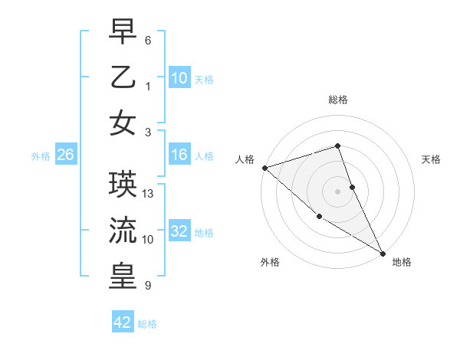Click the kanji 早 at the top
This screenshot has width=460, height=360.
click(x=123, y=32)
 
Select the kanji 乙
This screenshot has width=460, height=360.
click(x=123, y=77)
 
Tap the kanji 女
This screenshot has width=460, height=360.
click(x=123, y=123)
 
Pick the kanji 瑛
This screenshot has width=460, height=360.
click(x=123, y=184)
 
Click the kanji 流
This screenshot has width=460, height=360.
click(x=123, y=230)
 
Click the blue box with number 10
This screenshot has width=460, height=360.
click(x=179, y=77)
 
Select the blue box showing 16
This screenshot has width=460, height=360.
click(x=179, y=155)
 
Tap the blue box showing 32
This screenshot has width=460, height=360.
click(x=179, y=232)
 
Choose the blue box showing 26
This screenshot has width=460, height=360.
click(x=65, y=155)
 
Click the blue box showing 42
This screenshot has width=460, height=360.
click(x=123, y=322)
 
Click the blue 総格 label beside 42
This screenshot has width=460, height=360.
click(x=147, y=324)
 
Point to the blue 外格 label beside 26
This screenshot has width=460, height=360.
click(x=41, y=156)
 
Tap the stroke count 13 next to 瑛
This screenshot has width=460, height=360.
click(x=149, y=193)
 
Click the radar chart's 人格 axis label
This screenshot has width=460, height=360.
click(x=245, y=159)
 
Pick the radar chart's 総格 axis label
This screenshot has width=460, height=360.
click(x=337, y=100)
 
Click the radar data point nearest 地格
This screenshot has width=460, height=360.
click(x=383, y=253)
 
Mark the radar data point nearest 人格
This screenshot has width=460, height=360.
click(x=264, y=168)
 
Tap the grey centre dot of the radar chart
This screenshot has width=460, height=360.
click(x=337, y=191)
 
